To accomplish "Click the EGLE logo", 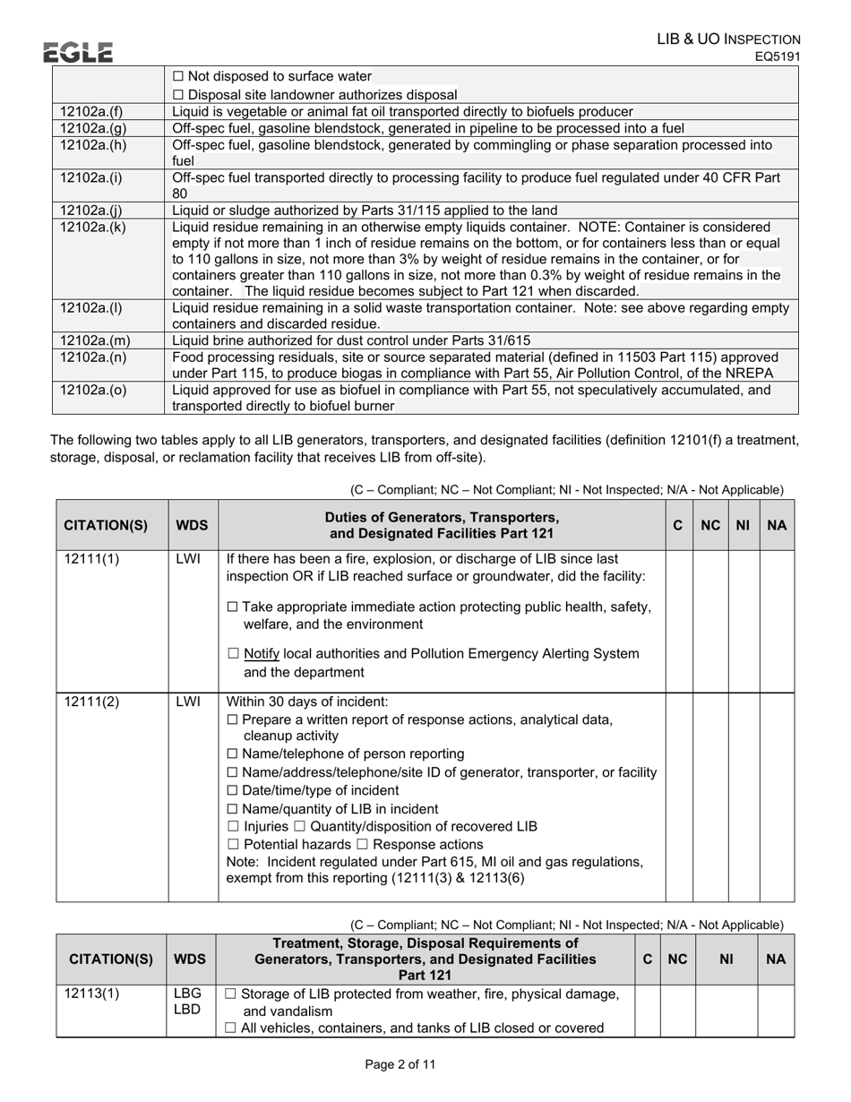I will (x=79, y=53).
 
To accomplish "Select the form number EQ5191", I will (x=776, y=57).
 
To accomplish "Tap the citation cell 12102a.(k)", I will (x=92, y=228).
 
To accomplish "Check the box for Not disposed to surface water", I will (x=177, y=77).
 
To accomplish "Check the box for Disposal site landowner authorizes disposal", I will (x=177, y=95).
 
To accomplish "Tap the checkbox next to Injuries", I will (x=233, y=826).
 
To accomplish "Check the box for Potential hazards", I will (x=233, y=845).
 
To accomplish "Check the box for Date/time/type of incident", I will (x=233, y=790).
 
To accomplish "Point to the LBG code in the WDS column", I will (x=187, y=994).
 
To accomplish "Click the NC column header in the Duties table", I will (x=710, y=525).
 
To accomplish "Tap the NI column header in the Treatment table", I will (x=726, y=960).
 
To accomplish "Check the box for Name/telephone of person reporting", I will (x=233, y=754).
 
